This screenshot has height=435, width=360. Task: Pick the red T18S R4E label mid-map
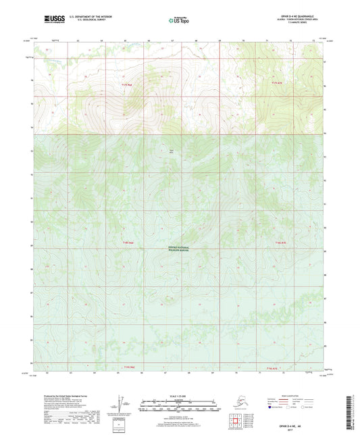point(126,241)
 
